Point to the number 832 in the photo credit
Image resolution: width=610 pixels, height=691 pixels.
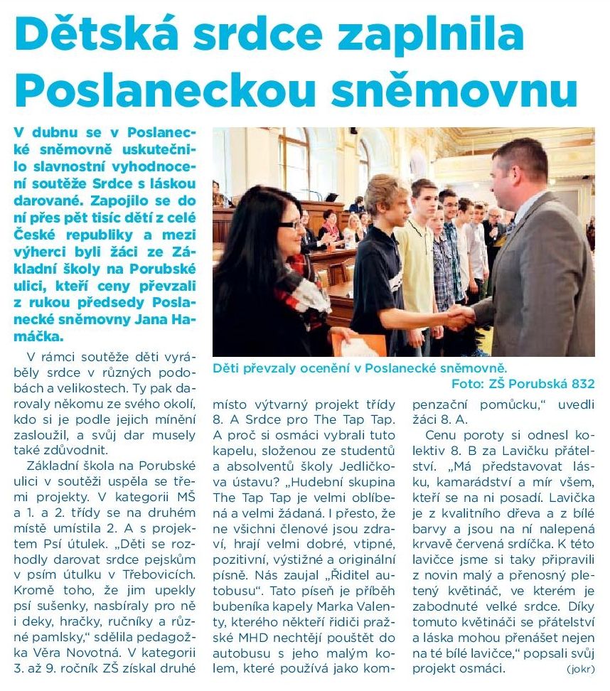[579, 384]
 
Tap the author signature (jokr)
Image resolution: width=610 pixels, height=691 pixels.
[582, 669]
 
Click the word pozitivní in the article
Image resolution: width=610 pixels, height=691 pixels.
[240, 559]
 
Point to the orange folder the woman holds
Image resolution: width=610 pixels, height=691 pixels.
[359, 346]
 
